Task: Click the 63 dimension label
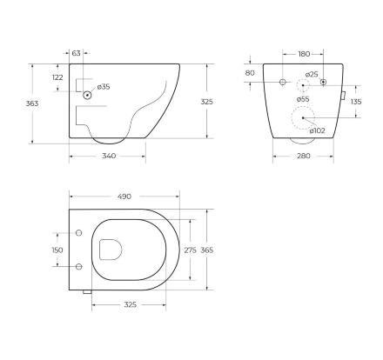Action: click(76, 53)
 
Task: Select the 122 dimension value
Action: click(57, 77)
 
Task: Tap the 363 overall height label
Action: click(32, 103)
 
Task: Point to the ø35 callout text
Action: click(104, 86)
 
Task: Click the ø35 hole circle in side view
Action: click(87, 95)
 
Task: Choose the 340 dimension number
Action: click(109, 156)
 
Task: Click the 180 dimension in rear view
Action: click(304, 54)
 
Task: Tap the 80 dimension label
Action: click(250, 73)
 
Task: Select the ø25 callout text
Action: click(312, 74)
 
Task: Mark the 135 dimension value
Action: click(356, 102)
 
